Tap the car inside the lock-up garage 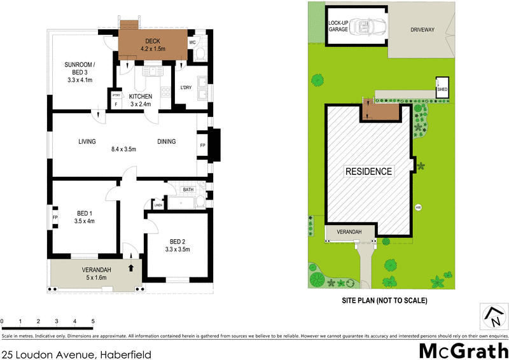pyautogui.click(x=367, y=27)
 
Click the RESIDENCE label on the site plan pyautogui.click(x=369, y=171)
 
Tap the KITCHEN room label pyautogui.click(x=141, y=96)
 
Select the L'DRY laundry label pyautogui.click(x=186, y=87)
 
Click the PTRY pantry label pyautogui.click(x=116, y=95)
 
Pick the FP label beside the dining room pyautogui.click(x=203, y=145)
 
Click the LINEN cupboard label pyautogui.click(x=157, y=205)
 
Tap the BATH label pyautogui.click(x=188, y=190)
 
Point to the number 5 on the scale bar pyautogui.click(x=93, y=321)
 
